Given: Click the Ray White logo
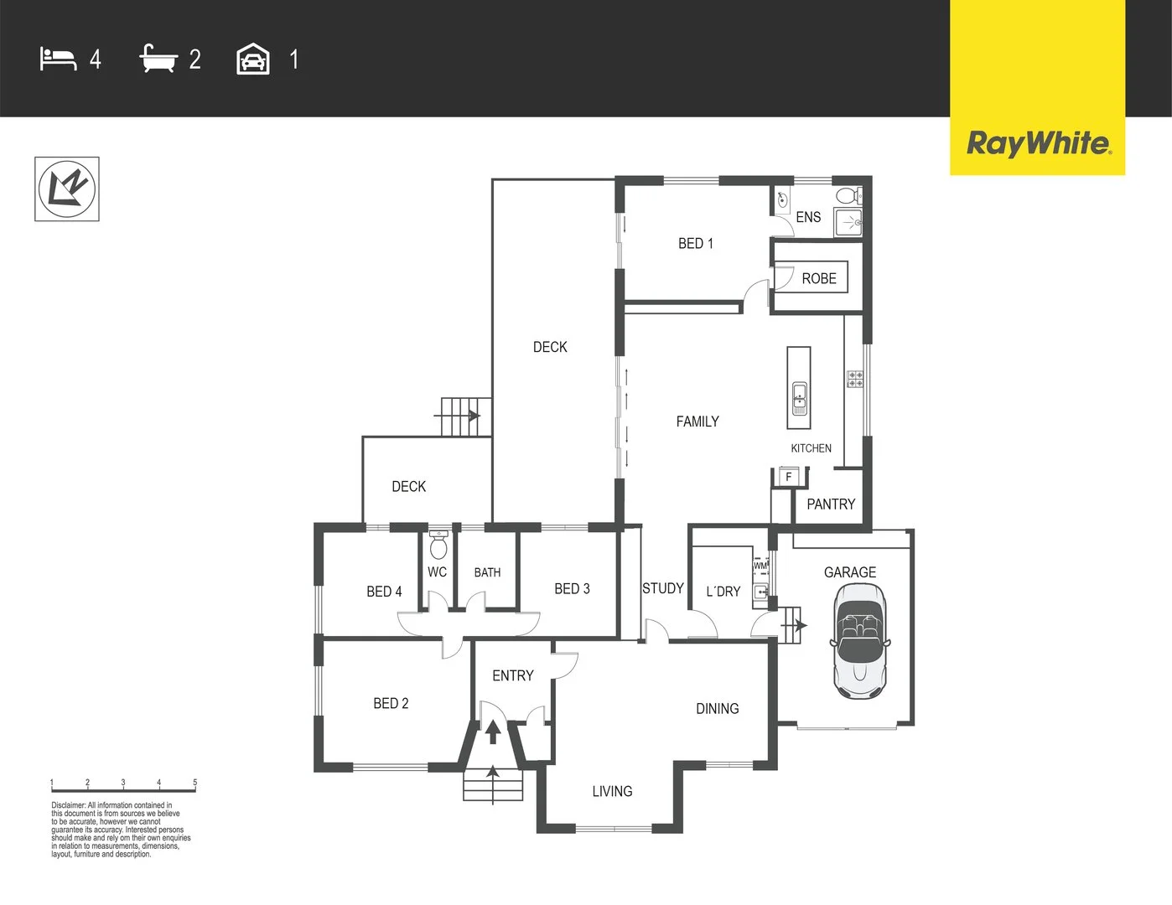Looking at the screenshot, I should click(1038, 143).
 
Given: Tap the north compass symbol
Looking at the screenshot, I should click(67, 189).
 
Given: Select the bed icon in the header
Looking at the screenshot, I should click(58, 59).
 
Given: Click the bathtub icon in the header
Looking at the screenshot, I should click(158, 59).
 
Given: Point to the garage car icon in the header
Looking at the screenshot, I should click(253, 59).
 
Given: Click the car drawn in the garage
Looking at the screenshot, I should click(859, 641).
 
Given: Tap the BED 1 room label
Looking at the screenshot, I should click(695, 244).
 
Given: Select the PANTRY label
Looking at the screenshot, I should click(830, 504).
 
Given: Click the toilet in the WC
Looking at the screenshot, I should click(438, 546).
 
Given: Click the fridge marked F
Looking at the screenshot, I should click(788, 477).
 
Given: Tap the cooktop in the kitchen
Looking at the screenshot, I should click(854, 379).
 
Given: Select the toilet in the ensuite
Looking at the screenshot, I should click(848, 196).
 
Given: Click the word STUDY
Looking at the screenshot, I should click(662, 588).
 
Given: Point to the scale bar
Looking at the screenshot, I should click(123, 786).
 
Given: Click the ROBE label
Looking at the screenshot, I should click(818, 279).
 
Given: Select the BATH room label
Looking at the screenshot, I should click(487, 573).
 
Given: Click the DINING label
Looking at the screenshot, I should click(717, 709).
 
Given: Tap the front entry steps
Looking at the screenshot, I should click(493, 785).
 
